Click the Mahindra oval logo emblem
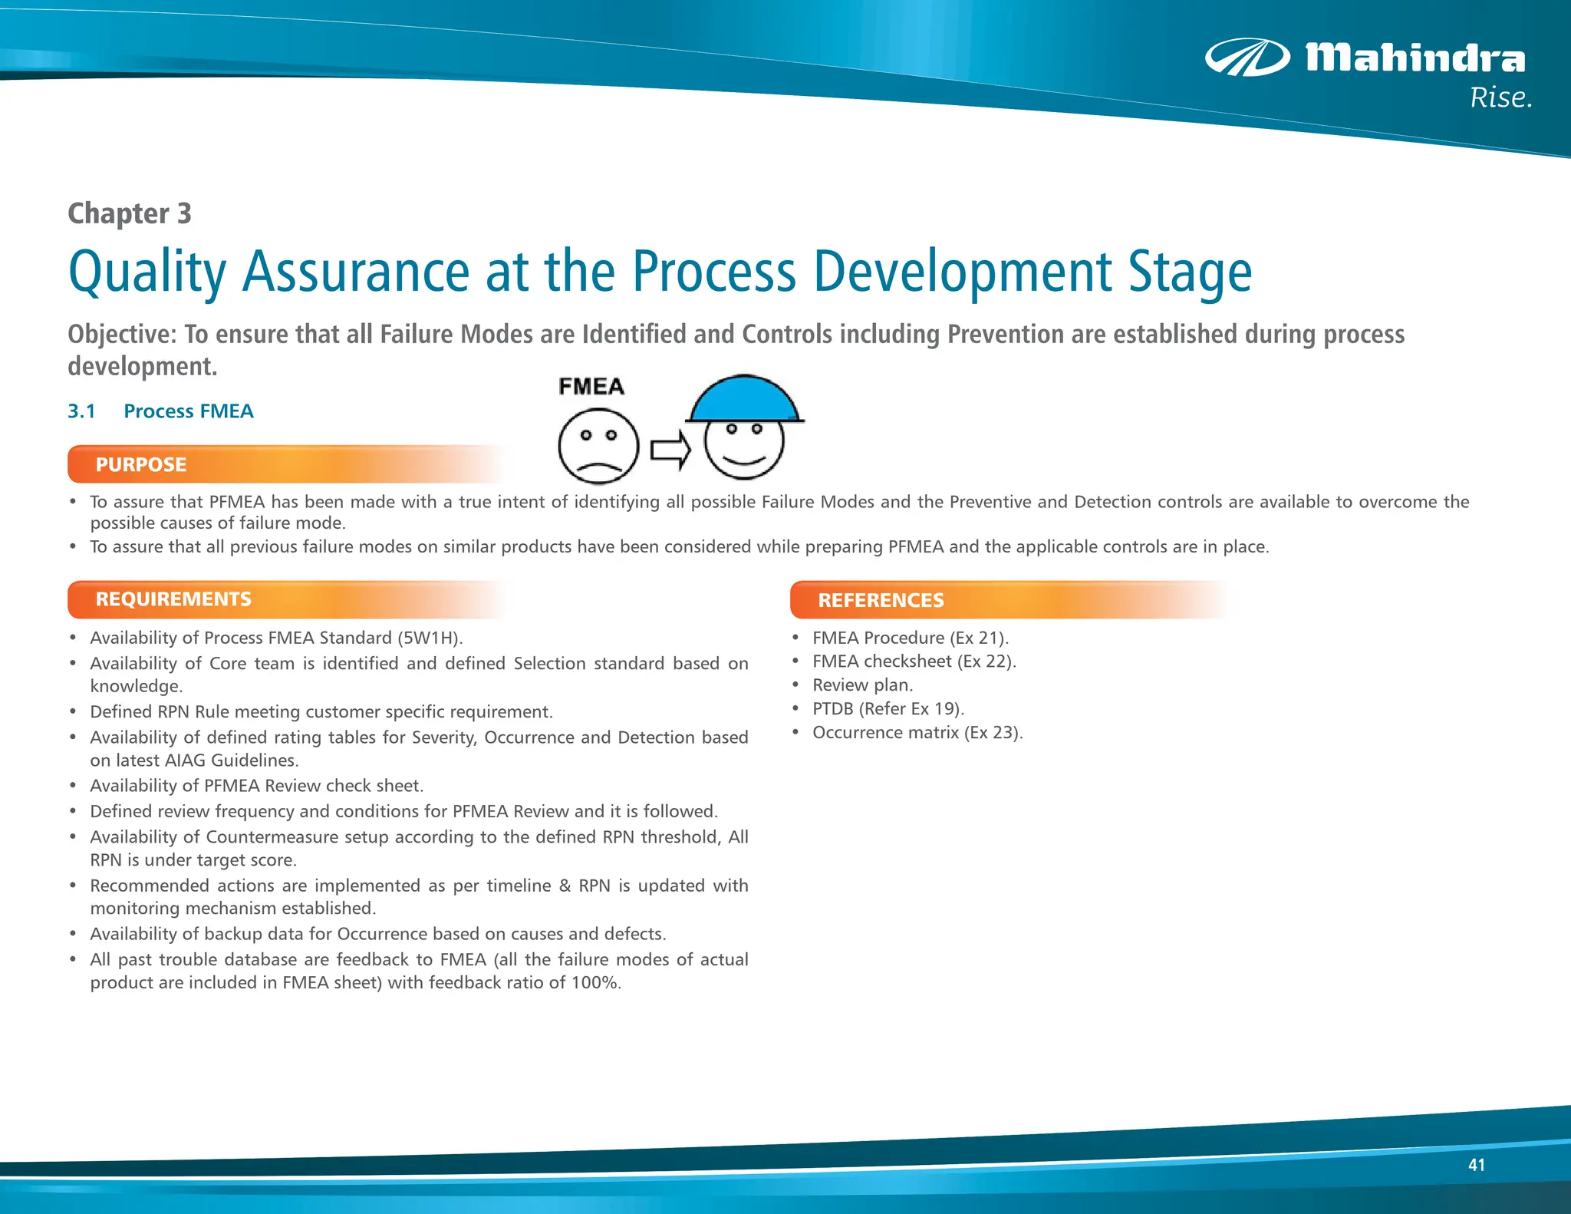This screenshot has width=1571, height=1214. point(1247,58)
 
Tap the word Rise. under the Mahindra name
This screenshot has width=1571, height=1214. point(1500,98)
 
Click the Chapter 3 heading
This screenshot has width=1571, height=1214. point(129,213)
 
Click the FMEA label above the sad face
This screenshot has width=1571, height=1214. point(591,387)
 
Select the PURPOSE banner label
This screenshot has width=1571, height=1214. point(141,465)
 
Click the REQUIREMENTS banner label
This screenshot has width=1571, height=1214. point(173,599)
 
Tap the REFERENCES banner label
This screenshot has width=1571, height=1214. point(881,601)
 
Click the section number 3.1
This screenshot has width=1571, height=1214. point(81,411)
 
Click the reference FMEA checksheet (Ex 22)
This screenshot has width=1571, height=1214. point(914,661)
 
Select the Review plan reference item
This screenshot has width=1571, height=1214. point(862,685)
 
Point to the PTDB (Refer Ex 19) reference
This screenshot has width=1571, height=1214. point(888,709)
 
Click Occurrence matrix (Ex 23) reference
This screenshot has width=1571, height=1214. point(917,733)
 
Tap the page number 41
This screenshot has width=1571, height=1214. point(1476,1165)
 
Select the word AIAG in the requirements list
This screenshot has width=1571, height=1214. point(185,760)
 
